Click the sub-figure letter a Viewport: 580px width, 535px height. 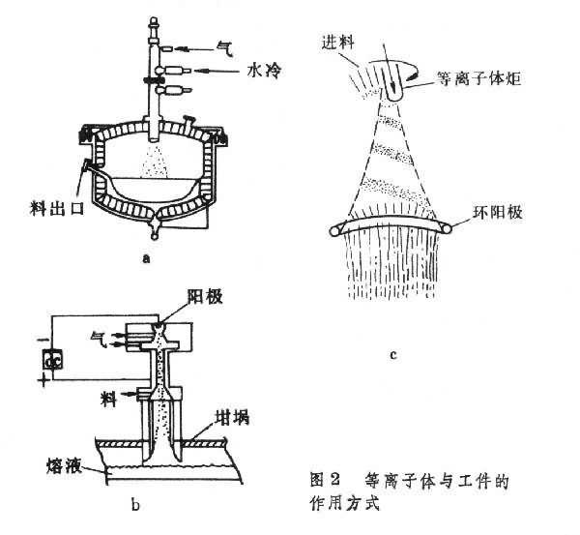145,258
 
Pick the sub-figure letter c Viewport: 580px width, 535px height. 394,355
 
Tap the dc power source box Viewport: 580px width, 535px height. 52,360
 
